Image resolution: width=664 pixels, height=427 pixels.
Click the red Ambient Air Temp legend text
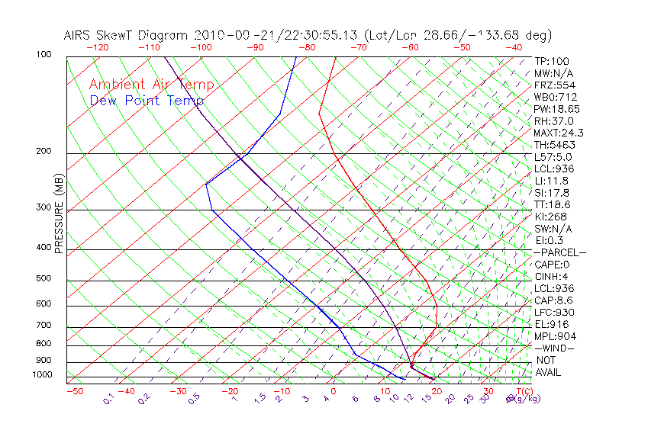[x=151, y=85]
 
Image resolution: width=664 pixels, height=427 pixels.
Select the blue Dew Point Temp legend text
[x=147, y=101]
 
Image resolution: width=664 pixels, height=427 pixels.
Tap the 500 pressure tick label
[x=44, y=279]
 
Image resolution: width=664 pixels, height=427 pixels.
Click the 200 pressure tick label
[x=44, y=152]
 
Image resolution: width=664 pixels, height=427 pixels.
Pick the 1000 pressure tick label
[x=41, y=375]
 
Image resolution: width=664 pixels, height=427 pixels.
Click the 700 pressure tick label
[x=44, y=326]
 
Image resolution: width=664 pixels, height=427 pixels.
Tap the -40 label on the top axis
[x=514, y=47]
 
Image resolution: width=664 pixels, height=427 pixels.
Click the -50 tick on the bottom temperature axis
[x=74, y=391]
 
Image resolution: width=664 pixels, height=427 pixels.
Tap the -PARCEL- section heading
[x=559, y=252]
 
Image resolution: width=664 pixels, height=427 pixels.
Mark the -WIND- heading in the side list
[x=555, y=348]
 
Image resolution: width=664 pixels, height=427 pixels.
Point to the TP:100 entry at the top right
[x=552, y=62]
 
